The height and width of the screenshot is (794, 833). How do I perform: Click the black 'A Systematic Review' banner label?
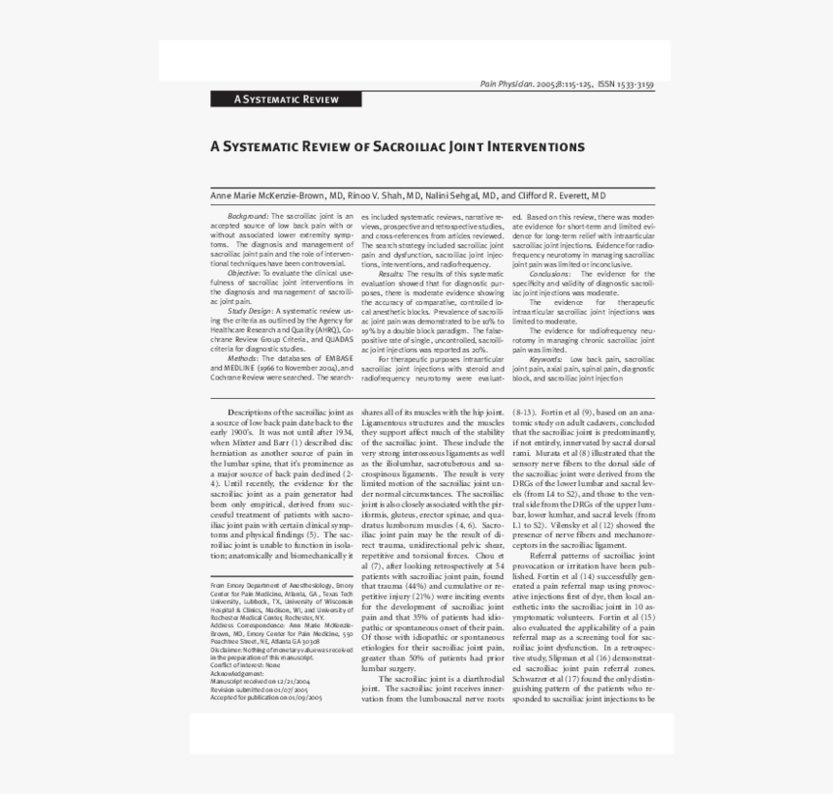[286, 99]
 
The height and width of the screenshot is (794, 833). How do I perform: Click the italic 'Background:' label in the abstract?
[248, 216]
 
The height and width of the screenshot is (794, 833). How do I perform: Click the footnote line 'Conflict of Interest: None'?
[245, 665]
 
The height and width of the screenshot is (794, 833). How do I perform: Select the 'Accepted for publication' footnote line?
[266, 696]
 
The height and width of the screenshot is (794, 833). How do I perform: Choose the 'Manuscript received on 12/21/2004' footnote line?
[265, 681]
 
